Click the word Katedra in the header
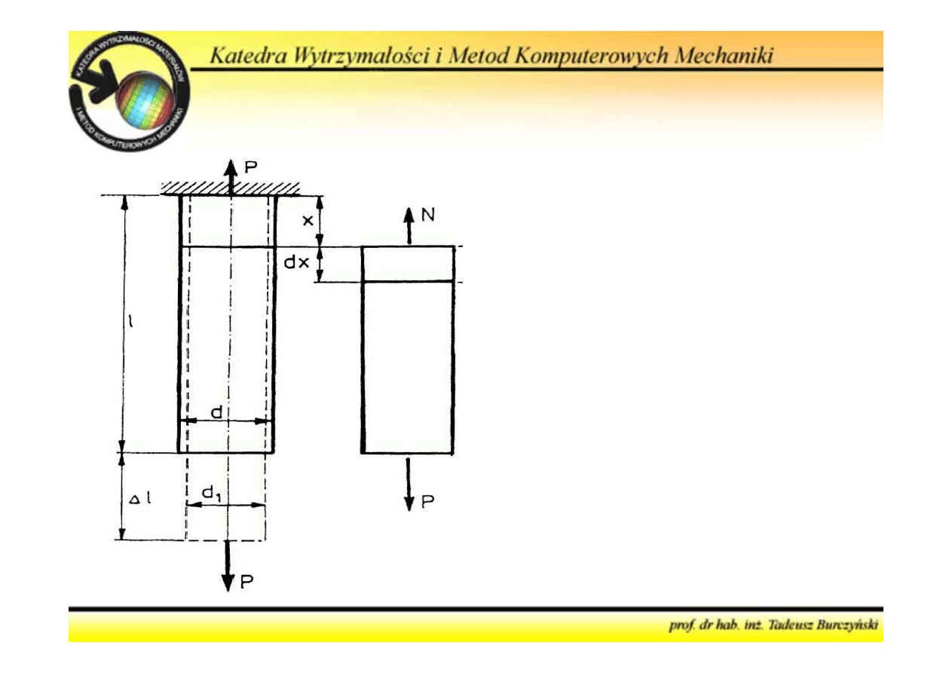tap(244, 57)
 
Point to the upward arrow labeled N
tap(409, 225)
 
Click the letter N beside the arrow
tap(427, 216)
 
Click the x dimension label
tap(307, 220)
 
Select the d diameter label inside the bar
tap(216, 411)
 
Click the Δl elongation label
tap(142, 497)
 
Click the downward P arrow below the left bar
tap(228, 567)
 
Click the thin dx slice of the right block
tap(408, 264)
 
